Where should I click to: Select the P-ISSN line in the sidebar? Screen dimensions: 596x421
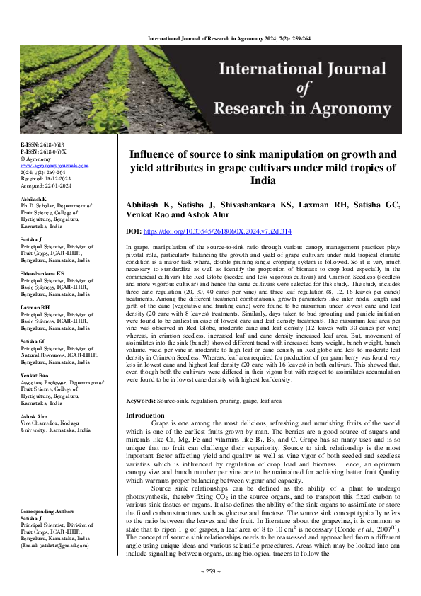click(40, 151)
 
